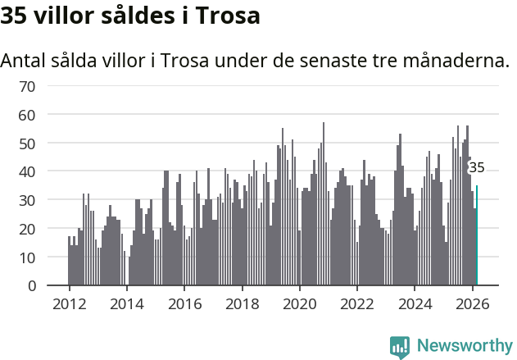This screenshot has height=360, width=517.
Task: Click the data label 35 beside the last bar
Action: click(x=476, y=167)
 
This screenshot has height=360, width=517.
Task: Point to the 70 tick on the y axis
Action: click(x=27, y=86)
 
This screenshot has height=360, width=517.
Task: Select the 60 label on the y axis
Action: click(x=27, y=115)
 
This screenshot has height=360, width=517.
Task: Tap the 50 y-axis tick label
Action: click(x=27, y=144)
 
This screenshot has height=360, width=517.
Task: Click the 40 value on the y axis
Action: click(x=27, y=172)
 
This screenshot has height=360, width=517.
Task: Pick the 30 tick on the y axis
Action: click(x=27, y=200)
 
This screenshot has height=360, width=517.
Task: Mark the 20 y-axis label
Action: click(x=27, y=229)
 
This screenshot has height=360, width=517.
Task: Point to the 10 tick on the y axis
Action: click(x=27, y=257)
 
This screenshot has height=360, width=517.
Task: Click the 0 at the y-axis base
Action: click(x=31, y=286)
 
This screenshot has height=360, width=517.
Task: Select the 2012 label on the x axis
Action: click(x=69, y=303)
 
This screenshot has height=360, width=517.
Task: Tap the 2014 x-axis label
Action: click(x=126, y=303)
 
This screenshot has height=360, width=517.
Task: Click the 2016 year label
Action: click(x=184, y=303)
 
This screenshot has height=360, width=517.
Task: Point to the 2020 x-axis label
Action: click(x=300, y=303)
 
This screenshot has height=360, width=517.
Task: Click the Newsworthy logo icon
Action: click(x=400, y=347)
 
